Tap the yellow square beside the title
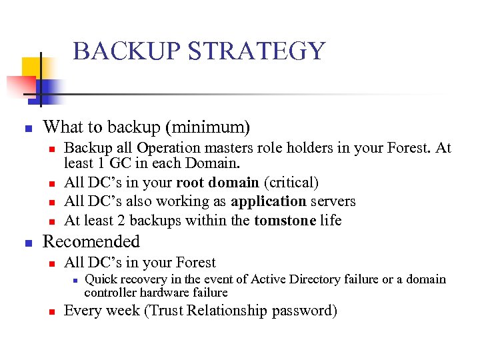[x=32, y=69]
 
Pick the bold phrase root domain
[x=217, y=182]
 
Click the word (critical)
[x=291, y=182]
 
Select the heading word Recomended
[x=91, y=241]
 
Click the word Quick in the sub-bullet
[x=101, y=280]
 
